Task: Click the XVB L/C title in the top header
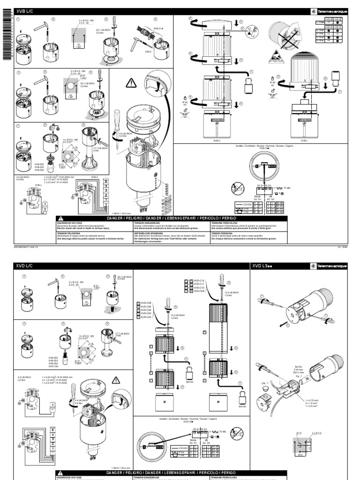[25, 11]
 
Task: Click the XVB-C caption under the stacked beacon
[212, 140]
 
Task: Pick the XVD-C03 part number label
[147, 317]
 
